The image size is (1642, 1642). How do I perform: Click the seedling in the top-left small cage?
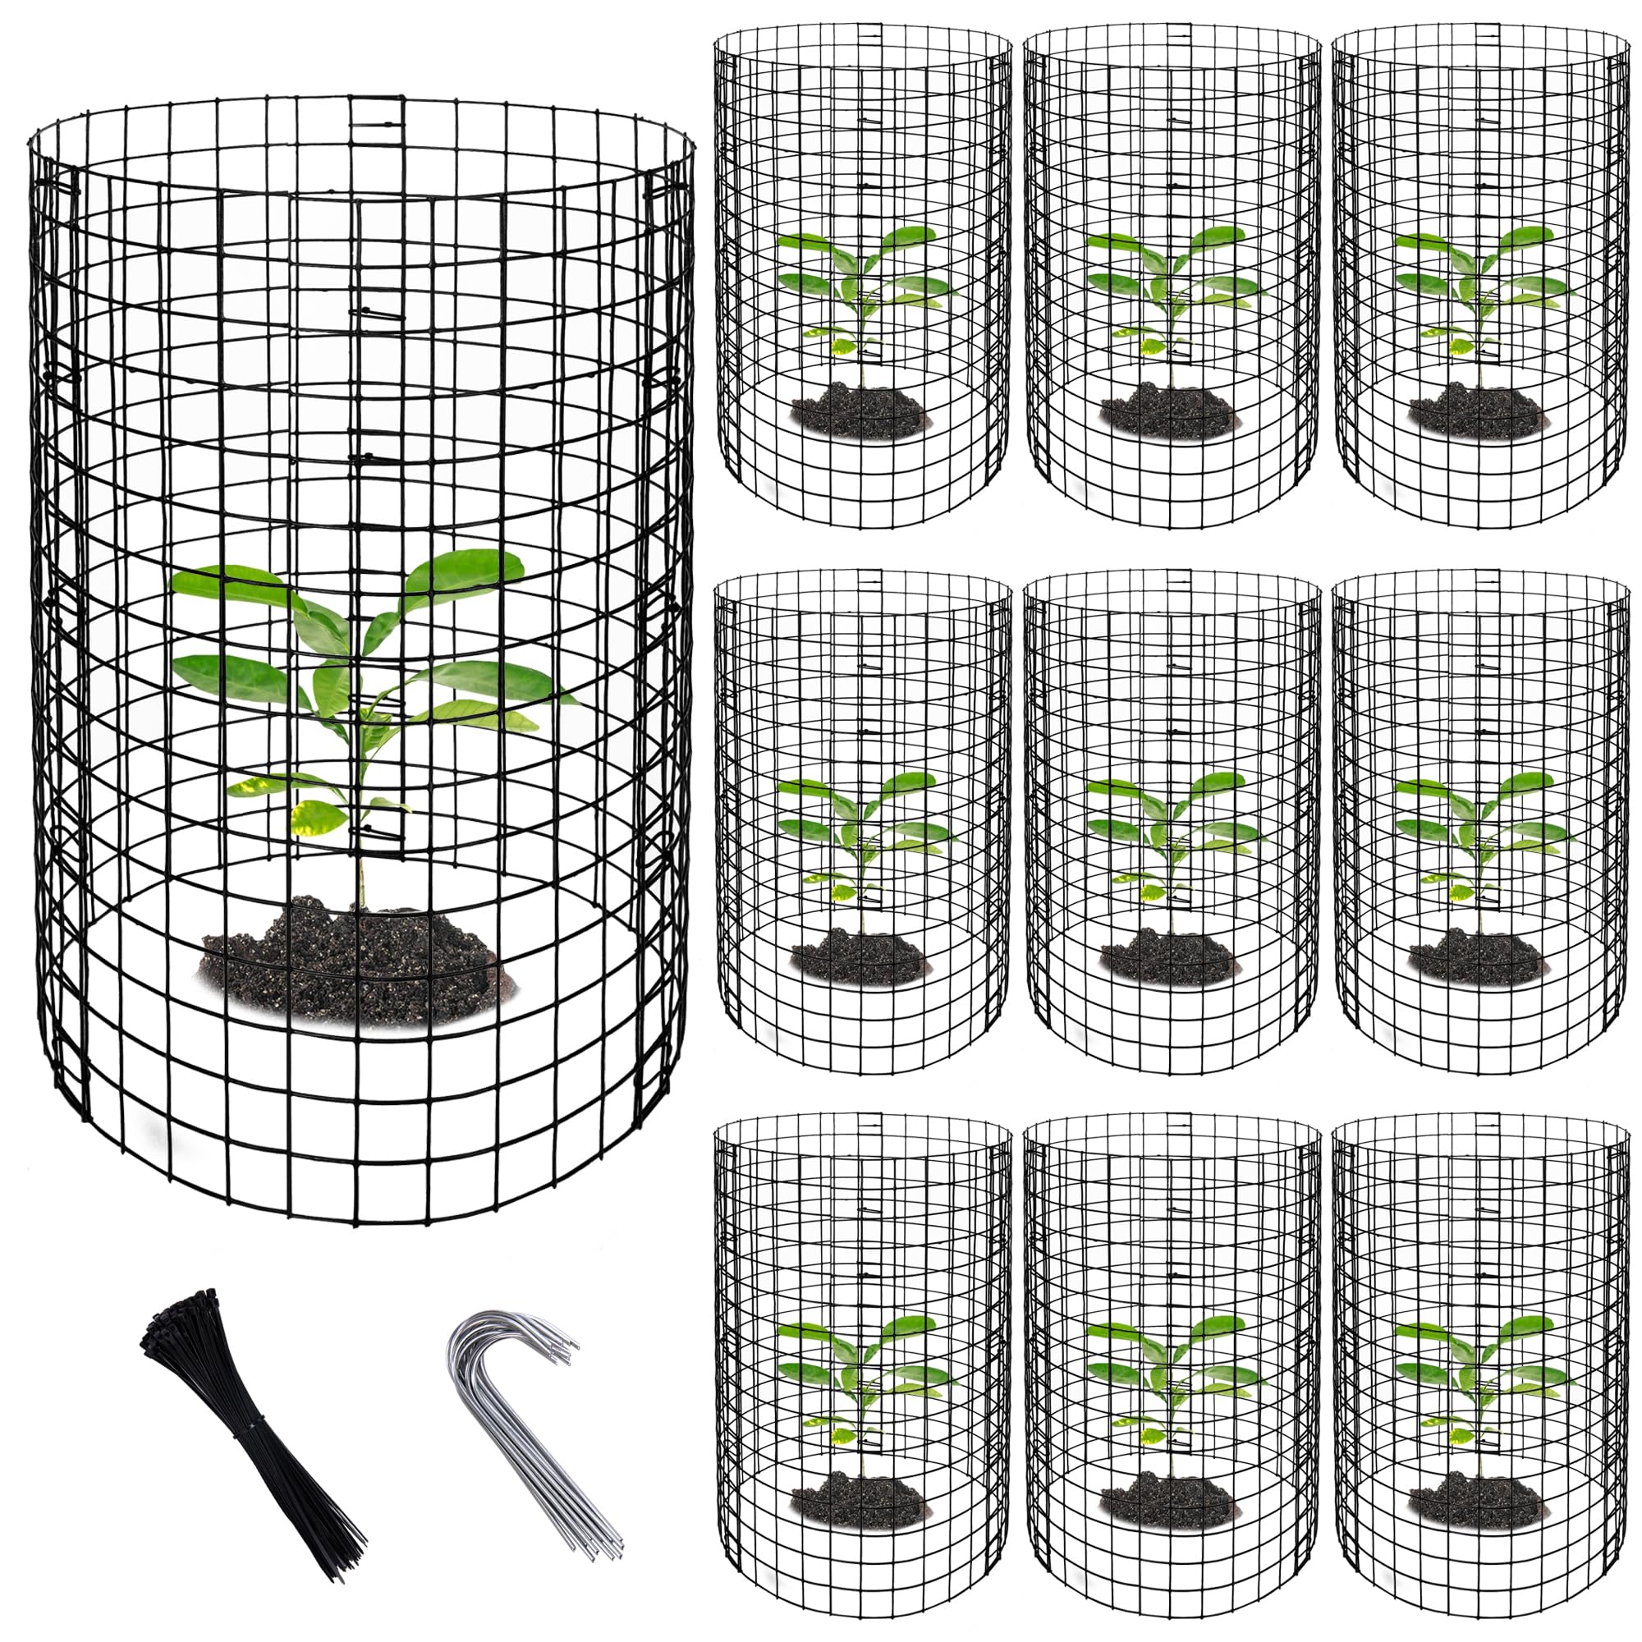[863, 289]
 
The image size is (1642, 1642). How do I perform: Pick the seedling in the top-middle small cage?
[1173, 289]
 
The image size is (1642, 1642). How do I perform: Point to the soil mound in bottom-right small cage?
[1475, 1499]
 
